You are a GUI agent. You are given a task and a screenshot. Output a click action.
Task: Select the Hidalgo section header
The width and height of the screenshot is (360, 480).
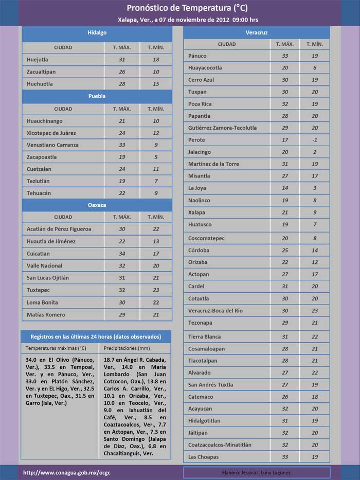point(97,32)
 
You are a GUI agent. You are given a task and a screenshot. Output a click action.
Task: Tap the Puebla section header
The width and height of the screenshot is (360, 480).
point(97,96)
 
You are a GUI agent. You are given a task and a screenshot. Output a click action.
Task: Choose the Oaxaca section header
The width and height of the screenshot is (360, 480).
point(97,205)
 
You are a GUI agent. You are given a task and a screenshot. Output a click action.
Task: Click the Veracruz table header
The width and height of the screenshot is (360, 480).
point(256,32)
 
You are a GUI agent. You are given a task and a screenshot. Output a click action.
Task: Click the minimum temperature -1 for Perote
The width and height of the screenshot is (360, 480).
point(314,140)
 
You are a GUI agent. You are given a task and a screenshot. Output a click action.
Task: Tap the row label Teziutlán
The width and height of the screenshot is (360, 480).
point(40,181)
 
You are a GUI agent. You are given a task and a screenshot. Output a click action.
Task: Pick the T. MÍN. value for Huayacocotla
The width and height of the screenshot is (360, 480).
point(314,68)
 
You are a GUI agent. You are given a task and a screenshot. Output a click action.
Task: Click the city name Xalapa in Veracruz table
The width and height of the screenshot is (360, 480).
point(196,212)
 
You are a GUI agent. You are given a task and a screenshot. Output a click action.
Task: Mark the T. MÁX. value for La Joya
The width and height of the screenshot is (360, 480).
point(284,188)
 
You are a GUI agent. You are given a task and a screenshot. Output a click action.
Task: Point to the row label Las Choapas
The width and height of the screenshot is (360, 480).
point(203,457)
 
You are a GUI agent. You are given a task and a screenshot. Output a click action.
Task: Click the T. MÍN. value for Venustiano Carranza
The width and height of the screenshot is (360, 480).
point(156,145)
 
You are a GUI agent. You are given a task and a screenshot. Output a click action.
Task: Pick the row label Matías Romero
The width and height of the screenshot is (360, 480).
point(46,314)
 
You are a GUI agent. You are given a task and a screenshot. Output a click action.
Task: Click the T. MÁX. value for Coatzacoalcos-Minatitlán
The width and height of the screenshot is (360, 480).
point(284,445)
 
